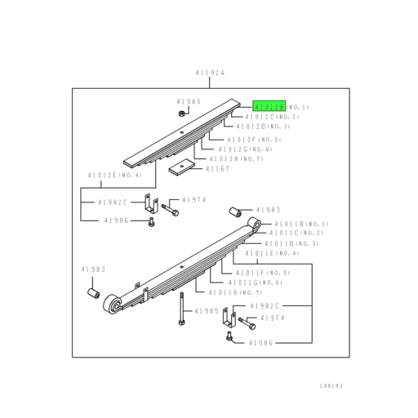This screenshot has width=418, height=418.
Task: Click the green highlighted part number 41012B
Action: point(269,107)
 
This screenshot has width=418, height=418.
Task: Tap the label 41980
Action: point(189,102)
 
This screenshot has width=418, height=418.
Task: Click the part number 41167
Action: point(216,169)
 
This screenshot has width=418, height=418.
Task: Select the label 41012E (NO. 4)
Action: point(115,175)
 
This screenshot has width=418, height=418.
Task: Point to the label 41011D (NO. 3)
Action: point(291,243)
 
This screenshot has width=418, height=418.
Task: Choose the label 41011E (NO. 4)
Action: point(282,253)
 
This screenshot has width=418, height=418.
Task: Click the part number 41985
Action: point(208,311)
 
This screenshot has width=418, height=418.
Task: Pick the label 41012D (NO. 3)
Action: point(263,127)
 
